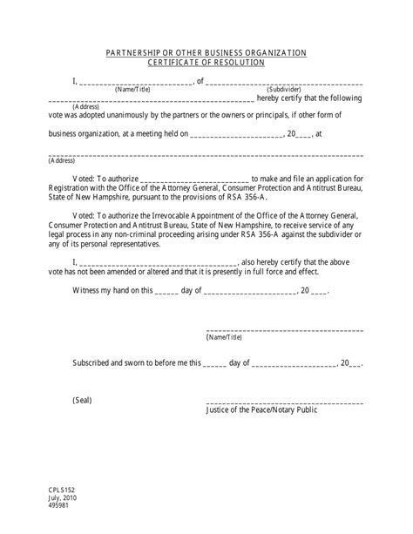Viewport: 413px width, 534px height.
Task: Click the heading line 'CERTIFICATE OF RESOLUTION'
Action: point(206,63)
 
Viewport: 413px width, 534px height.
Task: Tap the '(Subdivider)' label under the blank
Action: point(284,89)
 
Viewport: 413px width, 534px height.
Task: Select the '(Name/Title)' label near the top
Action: point(132,89)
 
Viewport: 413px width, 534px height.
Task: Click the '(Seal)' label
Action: point(84,400)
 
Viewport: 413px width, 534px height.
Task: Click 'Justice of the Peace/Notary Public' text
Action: point(261,409)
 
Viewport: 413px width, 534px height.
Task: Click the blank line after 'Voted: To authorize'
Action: point(206,177)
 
